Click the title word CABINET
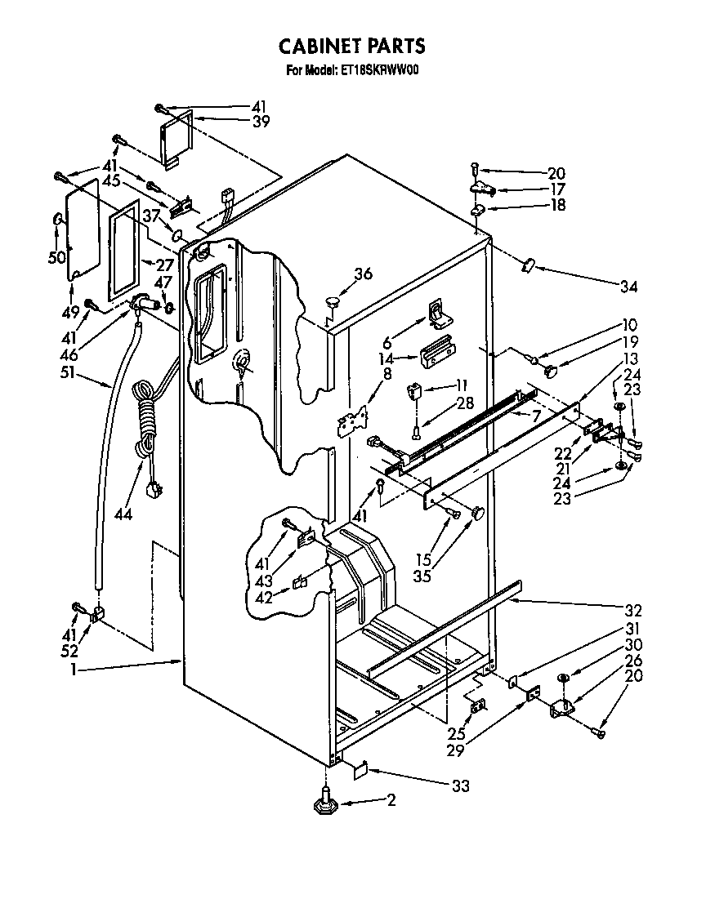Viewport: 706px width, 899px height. point(313,46)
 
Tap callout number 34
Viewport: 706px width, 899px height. point(628,287)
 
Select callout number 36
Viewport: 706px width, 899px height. point(364,274)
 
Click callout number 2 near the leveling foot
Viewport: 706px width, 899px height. point(391,801)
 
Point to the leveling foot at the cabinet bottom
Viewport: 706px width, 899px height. point(326,803)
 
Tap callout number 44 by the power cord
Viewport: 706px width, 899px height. point(123,514)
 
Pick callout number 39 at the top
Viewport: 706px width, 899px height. point(260,122)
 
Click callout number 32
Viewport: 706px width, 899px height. point(633,610)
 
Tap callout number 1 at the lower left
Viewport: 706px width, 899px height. point(74,670)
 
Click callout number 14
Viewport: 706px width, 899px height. point(387,358)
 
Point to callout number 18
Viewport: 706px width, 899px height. point(556,206)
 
